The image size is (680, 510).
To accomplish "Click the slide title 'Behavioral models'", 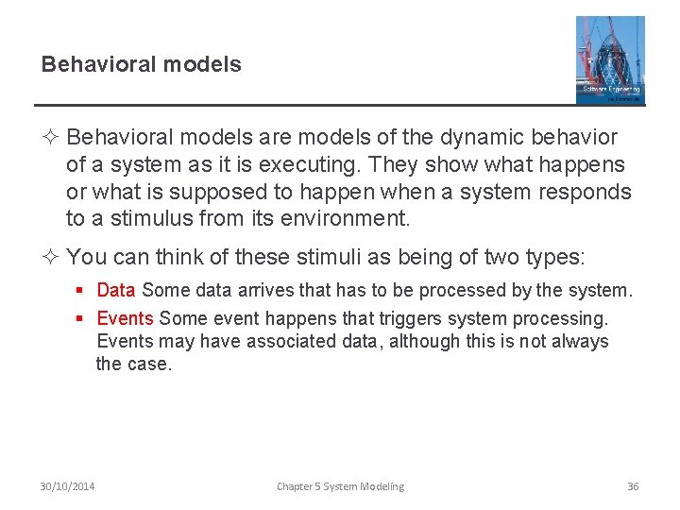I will [x=141, y=65].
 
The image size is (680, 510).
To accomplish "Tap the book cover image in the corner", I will [x=610, y=59].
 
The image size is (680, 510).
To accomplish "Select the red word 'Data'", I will [x=116, y=290].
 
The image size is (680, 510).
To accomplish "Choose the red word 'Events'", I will [x=126, y=318].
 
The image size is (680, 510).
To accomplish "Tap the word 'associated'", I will [x=288, y=341].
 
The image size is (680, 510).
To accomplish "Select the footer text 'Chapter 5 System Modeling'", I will [x=340, y=486].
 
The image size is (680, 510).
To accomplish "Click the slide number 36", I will [x=633, y=486].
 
